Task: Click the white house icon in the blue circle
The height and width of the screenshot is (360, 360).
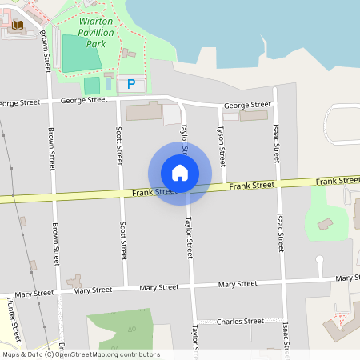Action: coord(180,172)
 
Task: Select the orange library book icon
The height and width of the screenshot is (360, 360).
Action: coord(18,26)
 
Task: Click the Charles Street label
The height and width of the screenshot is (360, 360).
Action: coord(241,321)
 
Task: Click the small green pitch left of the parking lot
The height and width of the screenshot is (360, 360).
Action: coord(92,86)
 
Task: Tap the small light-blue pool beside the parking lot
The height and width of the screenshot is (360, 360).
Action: coord(109,84)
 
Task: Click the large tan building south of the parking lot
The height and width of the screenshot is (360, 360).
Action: coord(145,111)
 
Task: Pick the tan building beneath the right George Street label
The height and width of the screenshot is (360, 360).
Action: coord(254,116)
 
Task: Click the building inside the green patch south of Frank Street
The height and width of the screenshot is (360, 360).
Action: coord(326,224)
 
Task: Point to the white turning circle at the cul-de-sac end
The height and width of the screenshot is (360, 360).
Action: coord(319,259)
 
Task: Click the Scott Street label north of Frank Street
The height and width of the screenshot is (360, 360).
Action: coord(119,144)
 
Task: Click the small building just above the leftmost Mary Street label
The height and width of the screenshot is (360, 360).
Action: coord(75,281)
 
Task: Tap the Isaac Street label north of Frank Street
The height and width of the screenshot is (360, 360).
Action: coord(275,143)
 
